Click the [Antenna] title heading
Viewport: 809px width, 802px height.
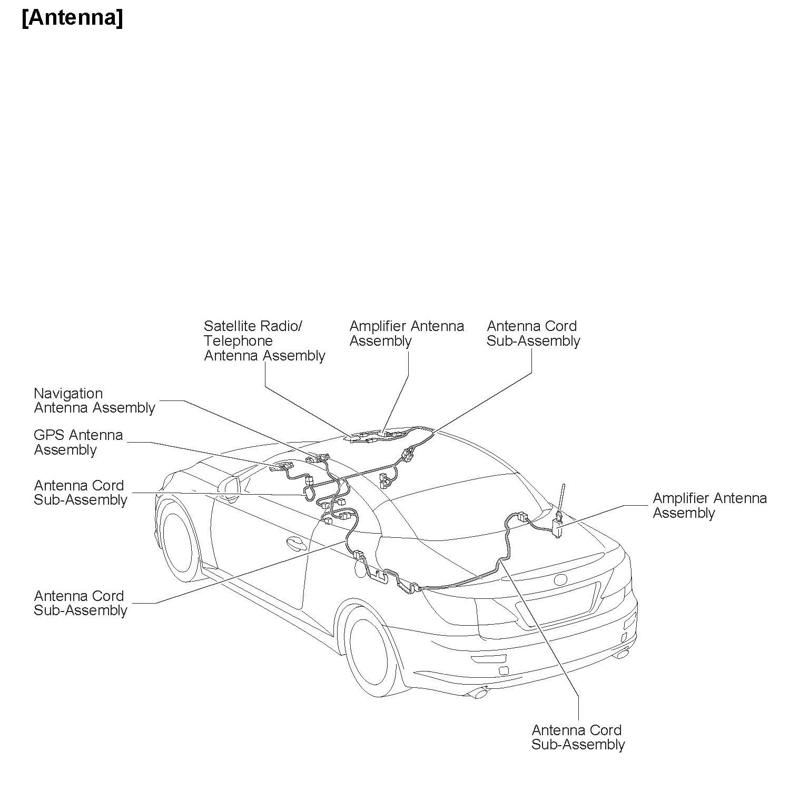72,18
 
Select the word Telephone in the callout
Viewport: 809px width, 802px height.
238,341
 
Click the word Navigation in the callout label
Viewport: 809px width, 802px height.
68,394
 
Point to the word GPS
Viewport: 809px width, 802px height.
50,435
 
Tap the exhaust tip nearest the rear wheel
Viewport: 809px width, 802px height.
481,694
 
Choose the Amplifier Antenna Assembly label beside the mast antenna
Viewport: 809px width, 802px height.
709,506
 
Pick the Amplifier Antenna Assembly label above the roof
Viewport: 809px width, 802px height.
407,334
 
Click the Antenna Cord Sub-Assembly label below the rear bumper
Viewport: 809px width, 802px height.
578,737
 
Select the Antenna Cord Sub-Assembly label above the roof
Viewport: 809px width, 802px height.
533,334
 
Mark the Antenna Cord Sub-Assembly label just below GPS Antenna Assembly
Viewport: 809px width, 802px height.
80,493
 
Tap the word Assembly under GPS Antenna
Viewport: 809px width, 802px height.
65,450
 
